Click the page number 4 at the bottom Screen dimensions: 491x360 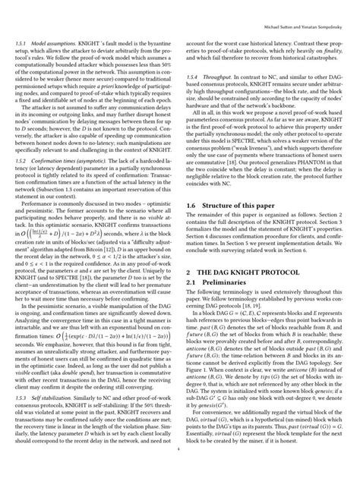coord(179,470)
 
